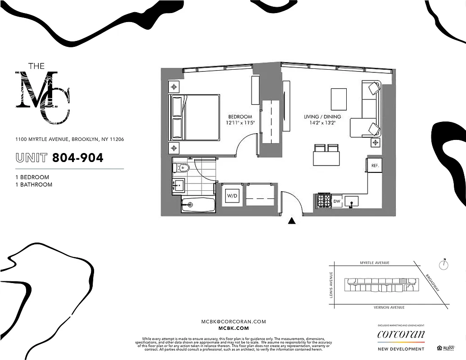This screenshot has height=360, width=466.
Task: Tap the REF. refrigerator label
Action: (375, 166)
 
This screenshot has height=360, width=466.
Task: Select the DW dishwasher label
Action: (337, 201)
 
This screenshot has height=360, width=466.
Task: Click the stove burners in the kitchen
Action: (324, 200)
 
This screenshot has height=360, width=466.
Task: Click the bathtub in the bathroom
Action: (199, 205)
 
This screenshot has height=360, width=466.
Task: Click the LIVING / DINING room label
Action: (322, 117)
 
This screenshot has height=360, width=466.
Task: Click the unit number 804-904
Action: (78, 157)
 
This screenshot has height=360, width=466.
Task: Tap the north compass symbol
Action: (444, 265)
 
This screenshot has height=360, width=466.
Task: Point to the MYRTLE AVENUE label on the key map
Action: (374, 263)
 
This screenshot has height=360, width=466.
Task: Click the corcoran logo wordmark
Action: (400, 334)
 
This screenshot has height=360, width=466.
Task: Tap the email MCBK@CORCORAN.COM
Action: (233, 322)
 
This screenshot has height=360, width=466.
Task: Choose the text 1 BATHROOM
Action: (34, 184)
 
